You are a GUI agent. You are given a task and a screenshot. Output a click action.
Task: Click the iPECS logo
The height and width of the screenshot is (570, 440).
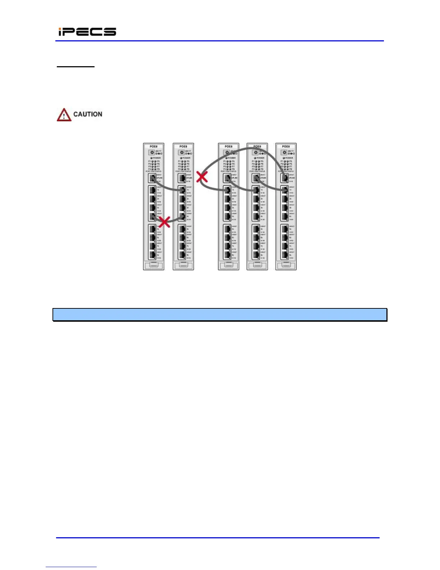(x=87, y=32)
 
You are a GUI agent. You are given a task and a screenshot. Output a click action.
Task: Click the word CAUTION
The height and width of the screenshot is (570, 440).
(x=88, y=114)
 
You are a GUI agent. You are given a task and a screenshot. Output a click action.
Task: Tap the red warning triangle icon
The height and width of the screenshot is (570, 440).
(x=64, y=115)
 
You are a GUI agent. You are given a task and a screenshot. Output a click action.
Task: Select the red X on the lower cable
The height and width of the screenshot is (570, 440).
(x=164, y=222)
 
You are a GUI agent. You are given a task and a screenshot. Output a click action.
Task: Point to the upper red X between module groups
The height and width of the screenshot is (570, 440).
(x=202, y=176)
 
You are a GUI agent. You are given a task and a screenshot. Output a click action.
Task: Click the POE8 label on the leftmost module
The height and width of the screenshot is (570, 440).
(x=153, y=146)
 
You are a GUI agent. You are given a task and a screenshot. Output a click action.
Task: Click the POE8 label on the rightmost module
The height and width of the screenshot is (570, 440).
(x=286, y=146)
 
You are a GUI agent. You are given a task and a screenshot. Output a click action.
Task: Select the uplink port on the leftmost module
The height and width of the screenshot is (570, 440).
(x=152, y=178)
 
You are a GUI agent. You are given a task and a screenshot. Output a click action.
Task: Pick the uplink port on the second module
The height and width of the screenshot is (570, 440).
(x=182, y=178)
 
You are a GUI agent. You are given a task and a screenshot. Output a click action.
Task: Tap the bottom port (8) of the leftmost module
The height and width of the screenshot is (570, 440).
(x=152, y=255)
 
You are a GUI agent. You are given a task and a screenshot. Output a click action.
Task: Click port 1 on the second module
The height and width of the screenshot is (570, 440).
(x=182, y=190)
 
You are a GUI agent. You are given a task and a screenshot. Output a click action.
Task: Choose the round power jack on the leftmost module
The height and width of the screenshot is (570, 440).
(x=152, y=152)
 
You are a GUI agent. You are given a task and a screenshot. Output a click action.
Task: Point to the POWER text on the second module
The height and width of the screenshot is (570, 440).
(x=187, y=158)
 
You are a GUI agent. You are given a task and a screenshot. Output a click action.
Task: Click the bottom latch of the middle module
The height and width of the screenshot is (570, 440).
(x=229, y=266)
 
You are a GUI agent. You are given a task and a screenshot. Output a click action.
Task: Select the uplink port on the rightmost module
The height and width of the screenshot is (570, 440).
(x=285, y=178)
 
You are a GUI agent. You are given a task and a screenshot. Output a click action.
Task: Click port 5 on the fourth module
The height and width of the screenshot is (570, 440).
(x=256, y=229)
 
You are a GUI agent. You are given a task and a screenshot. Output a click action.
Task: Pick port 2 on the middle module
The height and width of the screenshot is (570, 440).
(x=227, y=199)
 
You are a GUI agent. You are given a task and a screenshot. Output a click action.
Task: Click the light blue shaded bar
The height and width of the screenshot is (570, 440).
(x=220, y=315)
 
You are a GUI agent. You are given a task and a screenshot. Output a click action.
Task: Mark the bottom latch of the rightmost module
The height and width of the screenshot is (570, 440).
(x=286, y=266)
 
